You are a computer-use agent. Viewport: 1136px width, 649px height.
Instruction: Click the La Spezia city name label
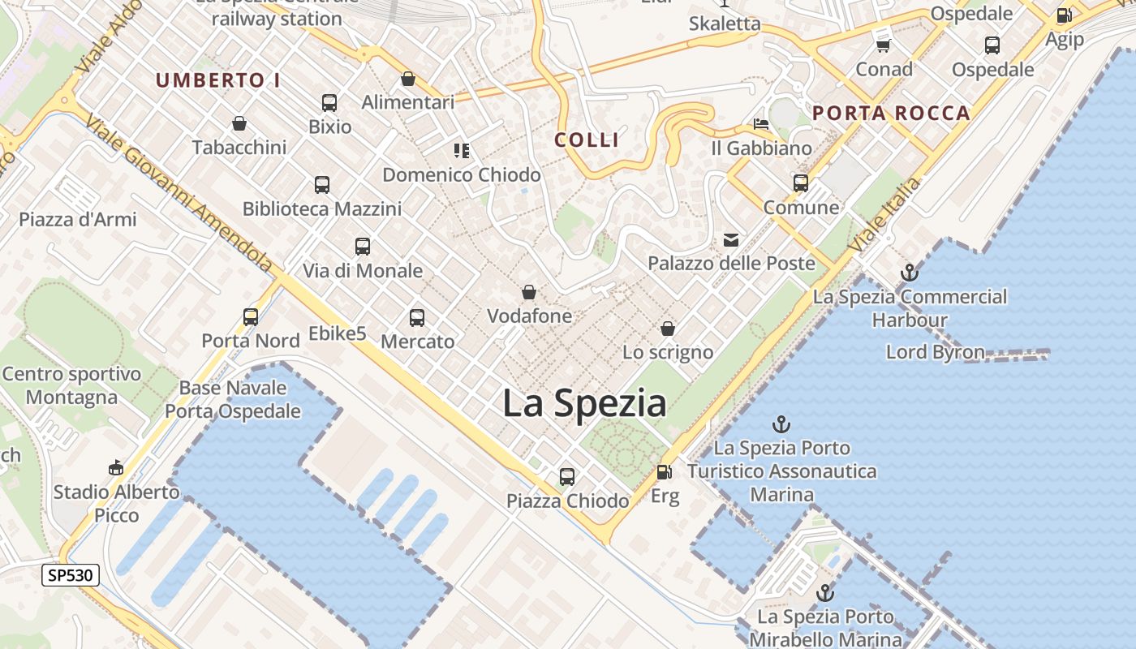point(584,403)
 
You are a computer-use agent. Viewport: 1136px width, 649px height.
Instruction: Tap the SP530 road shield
point(71,575)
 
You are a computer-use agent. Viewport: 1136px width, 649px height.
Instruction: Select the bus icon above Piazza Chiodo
point(567,476)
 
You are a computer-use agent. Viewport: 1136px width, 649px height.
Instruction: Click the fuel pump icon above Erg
point(664,471)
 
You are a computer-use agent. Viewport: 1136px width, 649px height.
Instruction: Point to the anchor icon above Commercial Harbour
point(909,273)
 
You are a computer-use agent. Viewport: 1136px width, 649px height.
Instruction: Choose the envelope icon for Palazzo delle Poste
point(731,239)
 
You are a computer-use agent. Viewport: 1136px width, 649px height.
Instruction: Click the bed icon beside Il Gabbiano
point(761,124)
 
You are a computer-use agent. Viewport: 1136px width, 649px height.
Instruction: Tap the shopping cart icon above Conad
point(884,45)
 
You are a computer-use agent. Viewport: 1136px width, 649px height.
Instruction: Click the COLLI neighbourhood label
point(587,140)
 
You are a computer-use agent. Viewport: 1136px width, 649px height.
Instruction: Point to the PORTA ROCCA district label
point(892,113)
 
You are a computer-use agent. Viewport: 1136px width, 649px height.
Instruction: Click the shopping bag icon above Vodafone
point(529,292)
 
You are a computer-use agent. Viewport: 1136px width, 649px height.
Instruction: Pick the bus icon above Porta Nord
point(251,316)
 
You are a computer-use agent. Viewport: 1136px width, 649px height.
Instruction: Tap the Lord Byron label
point(935,352)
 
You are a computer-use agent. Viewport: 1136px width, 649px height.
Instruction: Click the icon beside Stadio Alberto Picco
point(116,467)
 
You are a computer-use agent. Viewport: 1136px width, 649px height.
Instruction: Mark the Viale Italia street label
point(884,215)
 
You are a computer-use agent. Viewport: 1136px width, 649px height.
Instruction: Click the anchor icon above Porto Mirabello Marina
point(825,593)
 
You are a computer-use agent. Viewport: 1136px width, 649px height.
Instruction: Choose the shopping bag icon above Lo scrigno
point(668,329)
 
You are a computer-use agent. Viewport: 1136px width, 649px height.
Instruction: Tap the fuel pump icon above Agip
point(1064,15)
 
